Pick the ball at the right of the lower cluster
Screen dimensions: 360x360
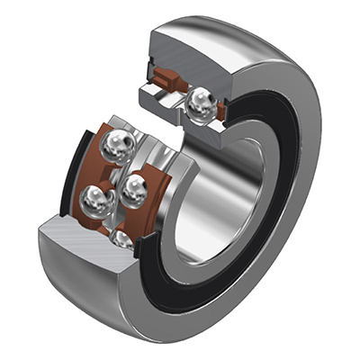[x=136, y=189]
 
